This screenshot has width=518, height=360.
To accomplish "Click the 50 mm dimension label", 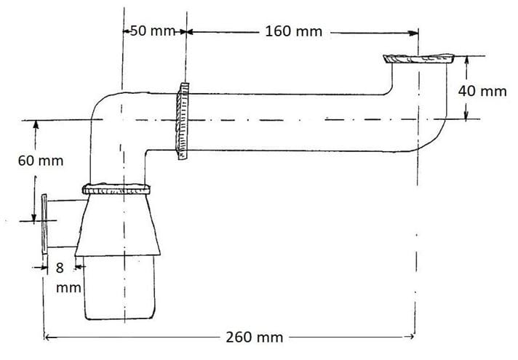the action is (x=152, y=31).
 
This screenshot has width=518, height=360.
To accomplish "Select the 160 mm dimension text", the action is (x=294, y=32).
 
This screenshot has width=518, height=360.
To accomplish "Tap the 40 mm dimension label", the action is (x=482, y=91).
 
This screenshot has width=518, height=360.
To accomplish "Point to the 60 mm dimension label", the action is (x=41, y=161).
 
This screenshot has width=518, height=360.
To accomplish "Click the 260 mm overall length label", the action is (x=255, y=337).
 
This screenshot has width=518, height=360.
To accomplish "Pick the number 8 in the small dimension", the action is (x=60, y=268).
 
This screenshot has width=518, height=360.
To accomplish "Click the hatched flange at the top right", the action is (x=418, y=58).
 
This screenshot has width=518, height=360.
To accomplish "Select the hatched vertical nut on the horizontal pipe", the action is (x=182, y=121).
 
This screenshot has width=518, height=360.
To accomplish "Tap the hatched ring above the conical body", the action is (x=116, y=189).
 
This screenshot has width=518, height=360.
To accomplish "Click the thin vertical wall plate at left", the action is (x=44, y=224).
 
